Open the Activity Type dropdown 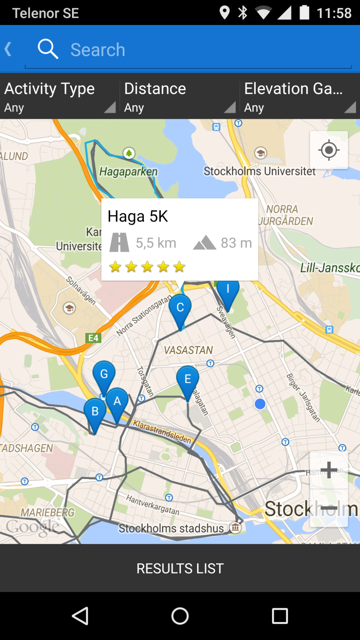60,96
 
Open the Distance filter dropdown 180,96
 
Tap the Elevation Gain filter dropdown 300,96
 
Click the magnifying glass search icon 48,49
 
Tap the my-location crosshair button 329,150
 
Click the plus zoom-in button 329,470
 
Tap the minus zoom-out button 329,508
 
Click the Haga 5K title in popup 138,216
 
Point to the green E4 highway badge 93,338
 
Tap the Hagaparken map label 128,172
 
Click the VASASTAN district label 188,350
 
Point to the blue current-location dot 260,404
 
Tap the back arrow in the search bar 8,49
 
